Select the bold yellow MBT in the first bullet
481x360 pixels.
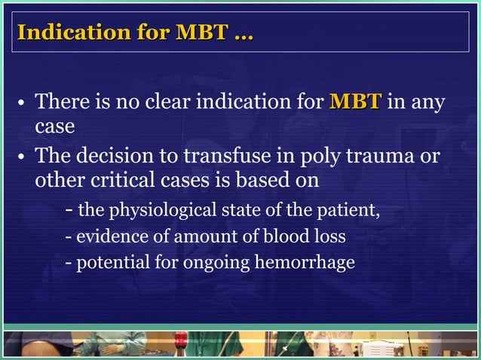point(355,101)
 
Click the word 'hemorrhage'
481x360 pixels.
point(311,264)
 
